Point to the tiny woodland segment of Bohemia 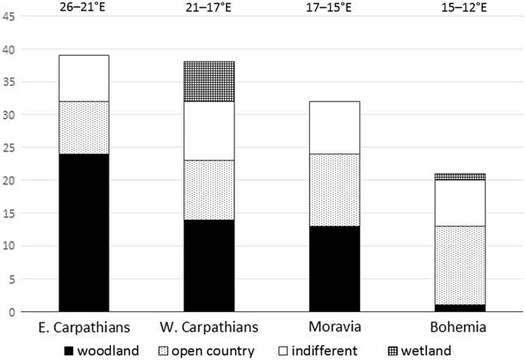pyautogui.click(x=461, y=308)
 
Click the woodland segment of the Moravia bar pyautogui.click(x=334, y=268)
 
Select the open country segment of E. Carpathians pyautogui.click(x=80, y=127)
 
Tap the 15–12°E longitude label pyautogui.click(x=461, y=10)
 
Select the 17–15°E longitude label pyautogui.click(x=334, y=10)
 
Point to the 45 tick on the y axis pyautogui.click(x=10, y=17)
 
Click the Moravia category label pyautogui.click(x=334, y=328)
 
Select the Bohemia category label pyautogui.click(x=461, y=328)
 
